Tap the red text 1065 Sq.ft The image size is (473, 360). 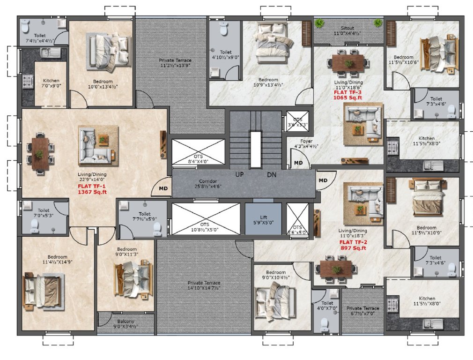click(347, 98)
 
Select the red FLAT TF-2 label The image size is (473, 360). click(353, 242)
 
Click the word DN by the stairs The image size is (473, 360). click(272, 174)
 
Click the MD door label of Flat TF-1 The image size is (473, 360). click(163, 188)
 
